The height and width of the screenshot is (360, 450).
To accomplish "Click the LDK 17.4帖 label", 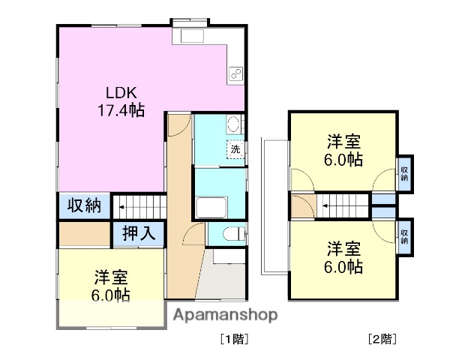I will click(x=120, y=102).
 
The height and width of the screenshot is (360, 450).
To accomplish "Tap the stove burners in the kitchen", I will click(x=235, y=73).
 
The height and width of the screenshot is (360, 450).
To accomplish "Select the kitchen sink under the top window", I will click(x=188, y=36).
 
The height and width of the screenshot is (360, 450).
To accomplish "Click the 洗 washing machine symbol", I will click(x=235, y=149).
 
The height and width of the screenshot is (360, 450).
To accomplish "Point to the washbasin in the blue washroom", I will click(x=232, y=124).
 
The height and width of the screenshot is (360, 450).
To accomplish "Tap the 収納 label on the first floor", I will click(x=85, y=205).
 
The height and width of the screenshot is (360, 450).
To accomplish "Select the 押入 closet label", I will click(x=139, y=233).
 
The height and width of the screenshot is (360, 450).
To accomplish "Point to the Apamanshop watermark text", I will click(x=225, y=315).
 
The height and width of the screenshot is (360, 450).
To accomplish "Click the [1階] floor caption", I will click(x=233, y=339).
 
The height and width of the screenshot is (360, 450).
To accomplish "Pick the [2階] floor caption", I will click(x=382, y=339).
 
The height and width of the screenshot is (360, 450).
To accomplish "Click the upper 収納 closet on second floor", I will click(x=405, y=173).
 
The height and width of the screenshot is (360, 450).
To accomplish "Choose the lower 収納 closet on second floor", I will click(x=405, y=235).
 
